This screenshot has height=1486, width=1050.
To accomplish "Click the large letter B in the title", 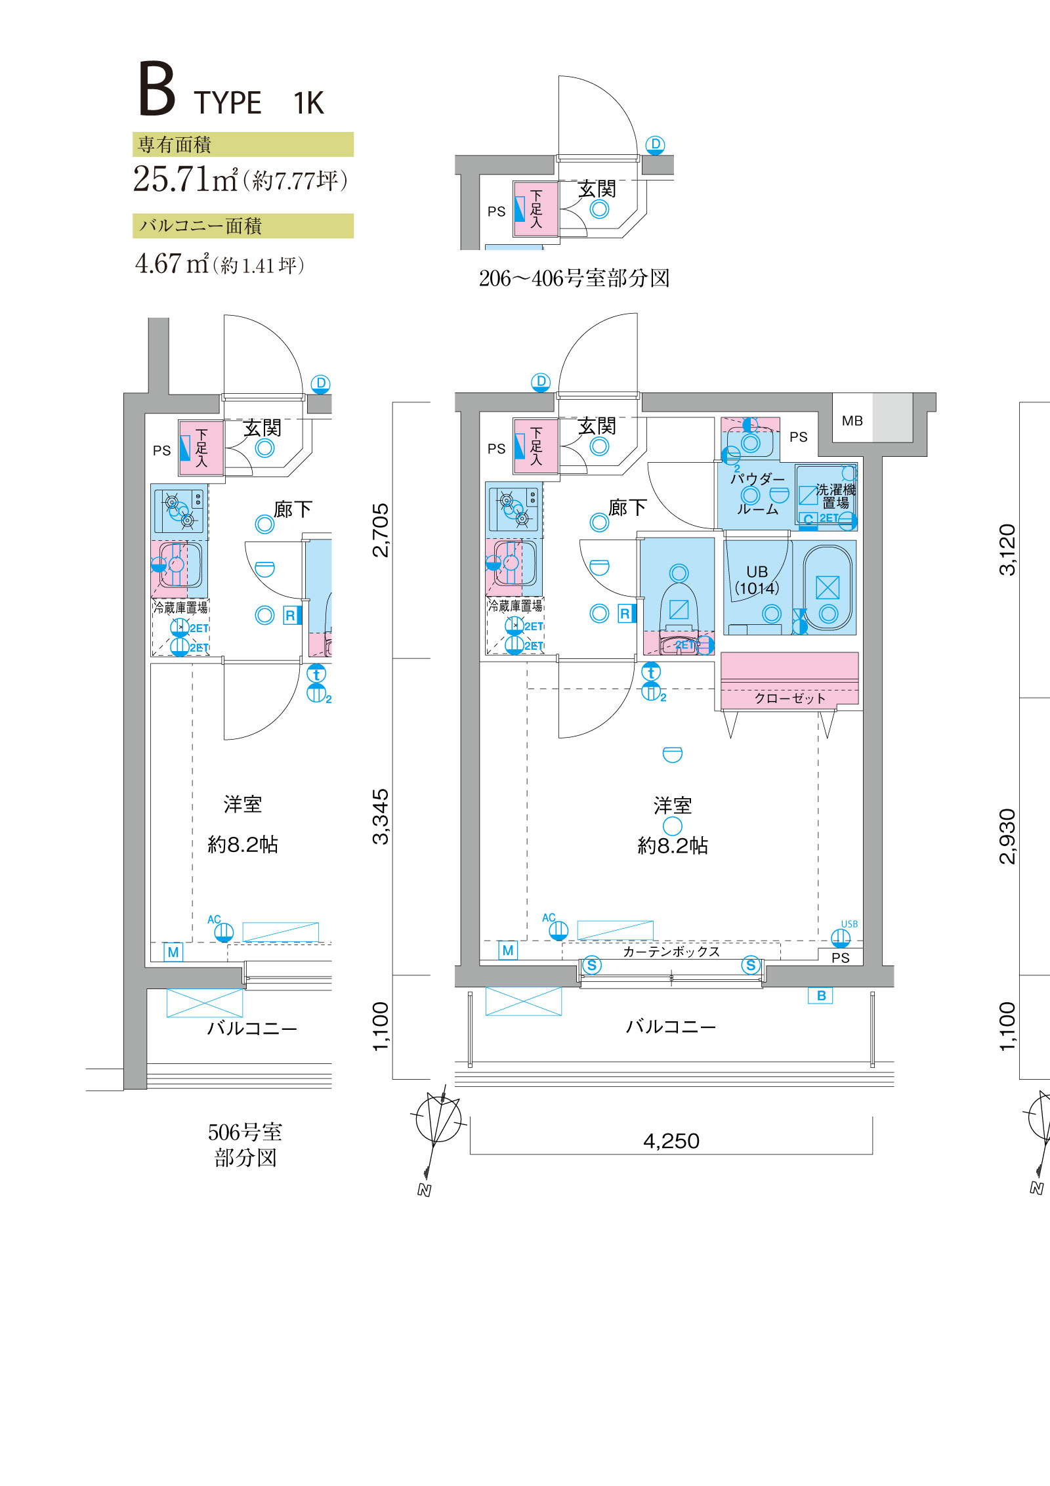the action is (x=157, y=89).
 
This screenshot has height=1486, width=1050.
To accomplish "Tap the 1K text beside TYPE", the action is (x=308, y=103).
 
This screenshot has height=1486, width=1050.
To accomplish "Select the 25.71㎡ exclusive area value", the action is (x=185, y=179).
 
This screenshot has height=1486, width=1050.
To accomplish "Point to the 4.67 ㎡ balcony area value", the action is (x=172, y=263).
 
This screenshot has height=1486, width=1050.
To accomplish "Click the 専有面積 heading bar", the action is (x=243, y=144).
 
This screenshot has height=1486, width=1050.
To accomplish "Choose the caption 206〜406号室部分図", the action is (x=574, y=278).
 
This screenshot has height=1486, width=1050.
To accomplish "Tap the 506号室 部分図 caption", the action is (x=245, y=1145).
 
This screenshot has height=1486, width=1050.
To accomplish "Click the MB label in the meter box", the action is (x=852, y=421).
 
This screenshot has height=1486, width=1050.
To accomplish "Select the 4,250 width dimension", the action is (x=671, y=1141).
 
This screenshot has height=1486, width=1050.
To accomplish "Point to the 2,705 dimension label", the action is (x=381, y=530).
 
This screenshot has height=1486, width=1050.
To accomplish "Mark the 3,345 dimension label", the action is (x=381, y=817).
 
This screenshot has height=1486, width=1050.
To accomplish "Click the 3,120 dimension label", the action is (x=1007, y=550).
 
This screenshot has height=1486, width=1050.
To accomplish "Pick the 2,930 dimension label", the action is (x=1007, y=836).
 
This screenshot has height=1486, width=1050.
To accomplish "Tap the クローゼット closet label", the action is (x=789, y=698).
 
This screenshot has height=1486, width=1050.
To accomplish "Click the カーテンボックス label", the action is (x=671, y=952).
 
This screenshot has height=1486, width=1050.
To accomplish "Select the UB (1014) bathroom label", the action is (x=757, y=580).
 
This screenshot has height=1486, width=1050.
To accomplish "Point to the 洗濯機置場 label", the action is (x=835, y=496).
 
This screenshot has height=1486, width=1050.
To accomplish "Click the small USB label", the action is (x=849, y=924).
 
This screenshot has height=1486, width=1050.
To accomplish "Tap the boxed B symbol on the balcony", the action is (x=821, y=996).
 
